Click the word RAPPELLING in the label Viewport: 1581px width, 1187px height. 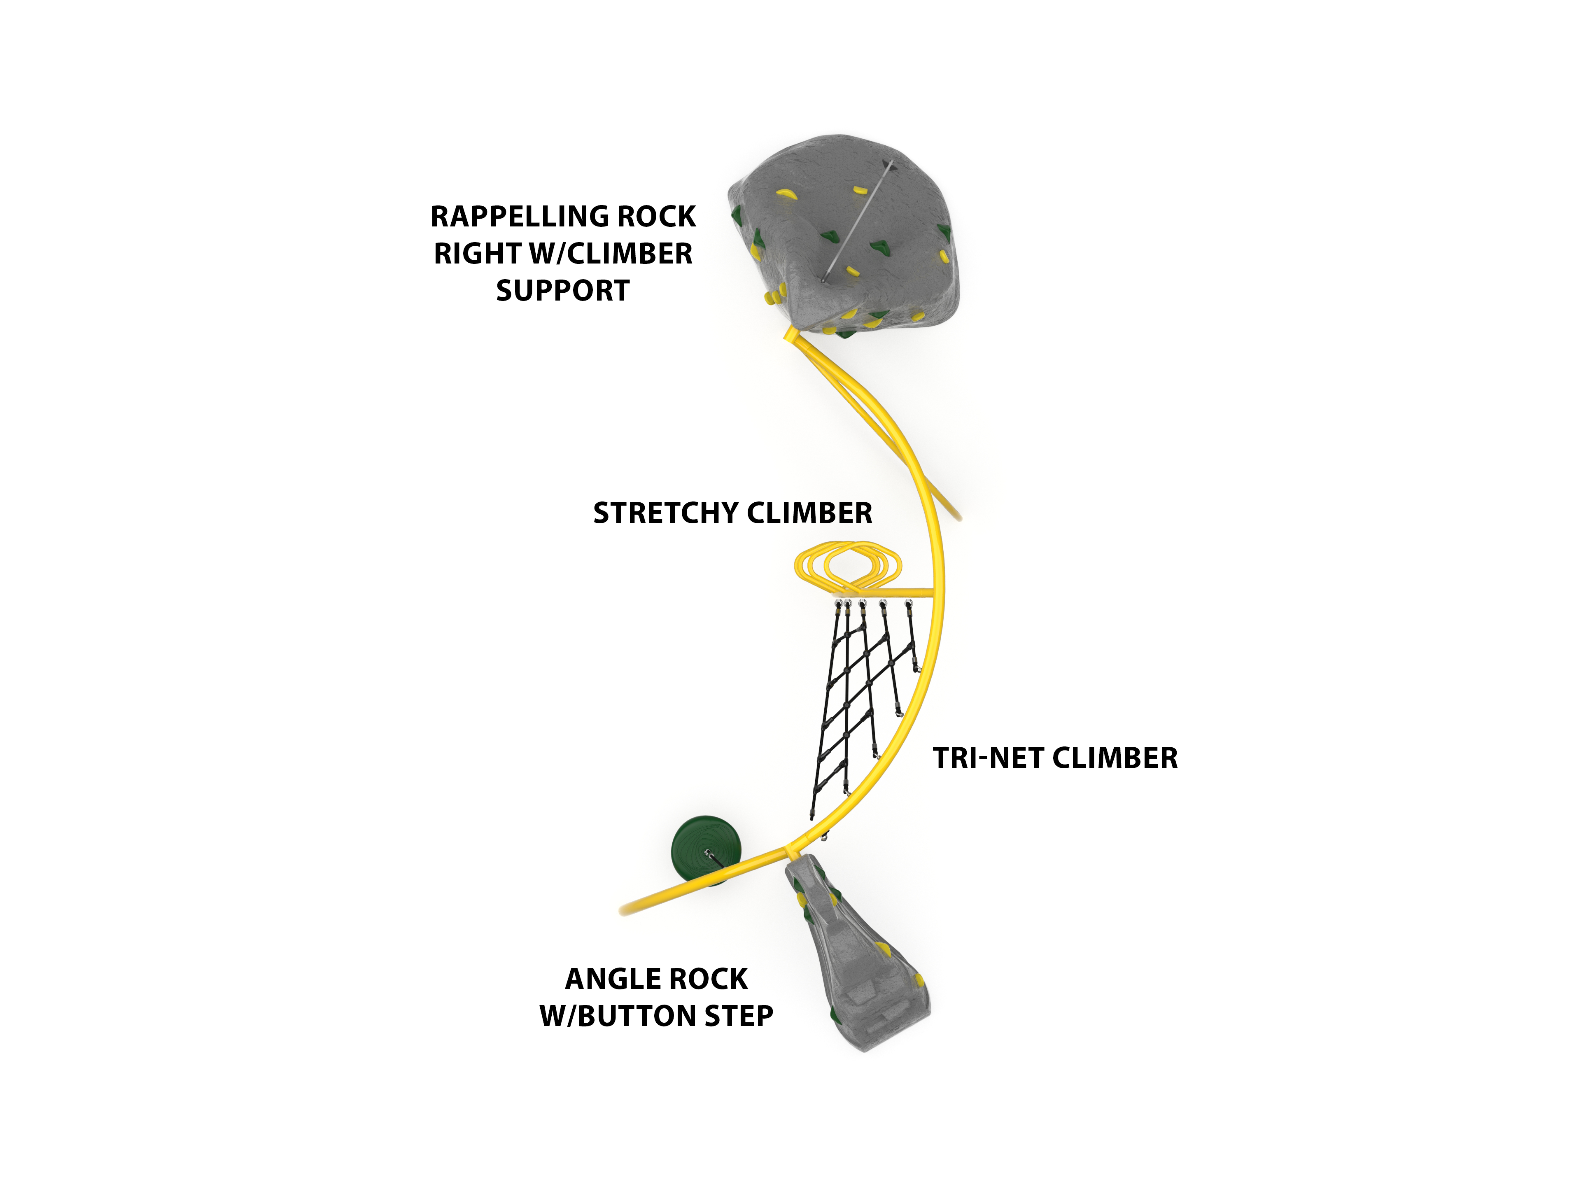tap(520, 217)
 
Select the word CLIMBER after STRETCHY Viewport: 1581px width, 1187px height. tap(808, 513)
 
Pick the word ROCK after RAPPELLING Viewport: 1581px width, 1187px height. tap(656, 217)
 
